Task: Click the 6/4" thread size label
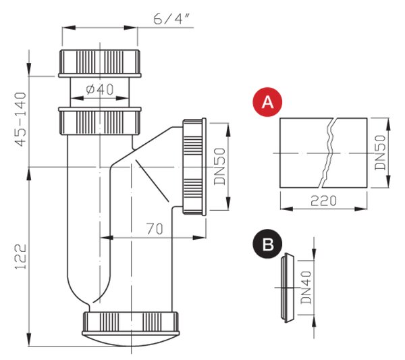171,19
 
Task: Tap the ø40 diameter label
100,89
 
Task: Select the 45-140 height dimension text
21,120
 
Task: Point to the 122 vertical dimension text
21,257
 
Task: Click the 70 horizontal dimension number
155,229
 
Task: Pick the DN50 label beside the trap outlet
220,167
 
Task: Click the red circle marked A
267,102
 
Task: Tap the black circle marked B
267,243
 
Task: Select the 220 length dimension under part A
323,201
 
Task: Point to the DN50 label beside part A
381,153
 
